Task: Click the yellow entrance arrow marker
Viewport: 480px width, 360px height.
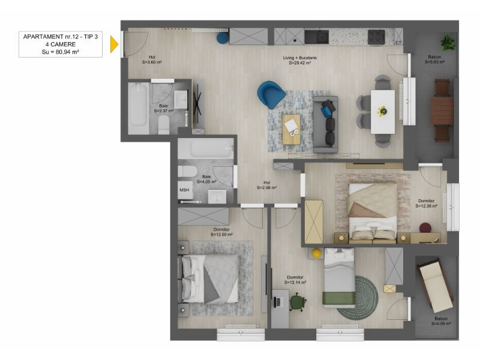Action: point(114,44)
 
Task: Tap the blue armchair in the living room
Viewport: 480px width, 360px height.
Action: point(271,94)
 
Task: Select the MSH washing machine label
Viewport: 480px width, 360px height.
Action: point(184,190)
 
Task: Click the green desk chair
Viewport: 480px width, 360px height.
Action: point(298,302)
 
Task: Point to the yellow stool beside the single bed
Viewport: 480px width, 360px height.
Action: point(317,253)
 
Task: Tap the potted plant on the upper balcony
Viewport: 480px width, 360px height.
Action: point(448,43)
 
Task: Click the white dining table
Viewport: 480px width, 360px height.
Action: point(383,112)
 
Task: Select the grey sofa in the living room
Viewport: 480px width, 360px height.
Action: point(325,125)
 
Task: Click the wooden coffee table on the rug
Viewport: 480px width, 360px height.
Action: point(292,129)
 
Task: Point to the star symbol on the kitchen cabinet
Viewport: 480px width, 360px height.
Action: point(295,40)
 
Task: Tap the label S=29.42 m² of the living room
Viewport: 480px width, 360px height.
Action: point(300,63)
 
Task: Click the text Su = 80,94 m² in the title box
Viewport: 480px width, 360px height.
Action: point(61,52)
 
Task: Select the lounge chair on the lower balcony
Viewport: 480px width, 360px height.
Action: point(436,286)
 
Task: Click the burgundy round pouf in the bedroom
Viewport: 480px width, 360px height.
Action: point(425,228)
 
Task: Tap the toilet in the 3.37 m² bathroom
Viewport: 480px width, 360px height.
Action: point(164,125)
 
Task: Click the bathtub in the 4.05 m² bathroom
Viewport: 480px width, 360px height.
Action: point(206,148)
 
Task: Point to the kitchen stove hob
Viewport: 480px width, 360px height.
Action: point(376,37)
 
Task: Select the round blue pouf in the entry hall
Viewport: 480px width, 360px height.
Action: point(223,38)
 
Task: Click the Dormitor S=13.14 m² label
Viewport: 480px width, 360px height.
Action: point(295,280)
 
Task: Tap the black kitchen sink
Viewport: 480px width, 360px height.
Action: point(317,37)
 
